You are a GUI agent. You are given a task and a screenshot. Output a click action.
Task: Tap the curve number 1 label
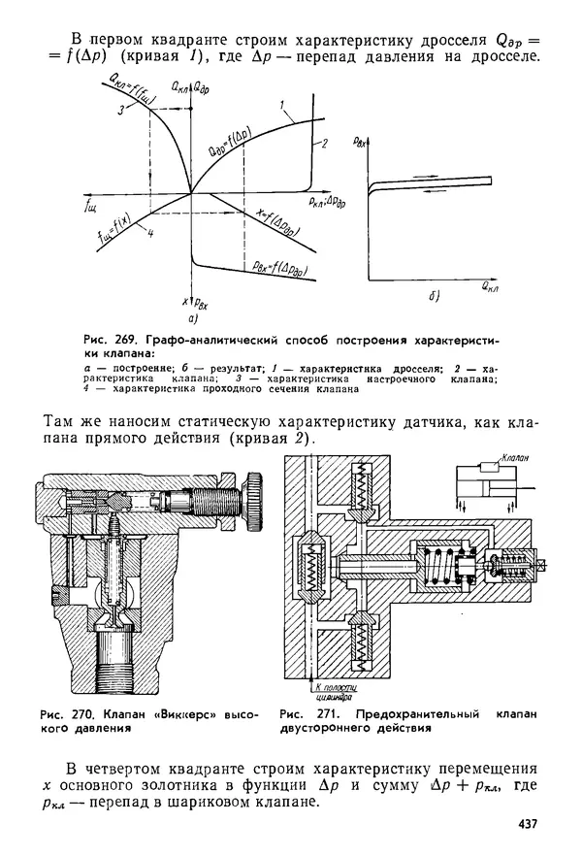(279, 104)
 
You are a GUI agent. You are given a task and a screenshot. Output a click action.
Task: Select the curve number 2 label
(325, 143)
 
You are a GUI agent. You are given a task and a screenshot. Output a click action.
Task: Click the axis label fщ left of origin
(93, 207)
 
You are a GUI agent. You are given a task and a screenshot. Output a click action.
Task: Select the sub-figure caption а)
(193, 317)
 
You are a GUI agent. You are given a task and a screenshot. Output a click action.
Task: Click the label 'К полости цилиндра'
(321, 691)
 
